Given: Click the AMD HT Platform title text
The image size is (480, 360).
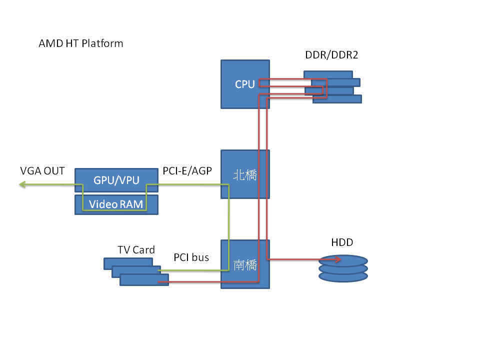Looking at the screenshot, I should click(x=81, y=43).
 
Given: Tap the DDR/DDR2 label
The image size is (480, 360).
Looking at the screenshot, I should click(x=331, y=55).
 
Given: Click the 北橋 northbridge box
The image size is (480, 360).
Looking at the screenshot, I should click(x=245, y=174).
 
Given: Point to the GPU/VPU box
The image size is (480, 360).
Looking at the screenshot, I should click(x=116, y=180).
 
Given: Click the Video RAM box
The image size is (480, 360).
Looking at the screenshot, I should click(x=116, y=204).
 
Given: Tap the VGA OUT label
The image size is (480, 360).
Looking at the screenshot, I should click(x=42, y=171).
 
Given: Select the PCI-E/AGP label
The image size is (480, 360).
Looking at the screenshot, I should click(x=187, y=171).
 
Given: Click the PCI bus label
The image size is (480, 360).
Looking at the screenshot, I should click(x=191, y=257).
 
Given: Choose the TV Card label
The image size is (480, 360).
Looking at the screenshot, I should click(x=136, y=249).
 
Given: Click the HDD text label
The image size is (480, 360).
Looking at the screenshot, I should click(x=342, y=242).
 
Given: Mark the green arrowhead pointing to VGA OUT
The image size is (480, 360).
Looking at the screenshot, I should click(x=22, y=184).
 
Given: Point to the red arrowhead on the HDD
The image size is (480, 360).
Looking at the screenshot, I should click(x=339, y=259).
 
